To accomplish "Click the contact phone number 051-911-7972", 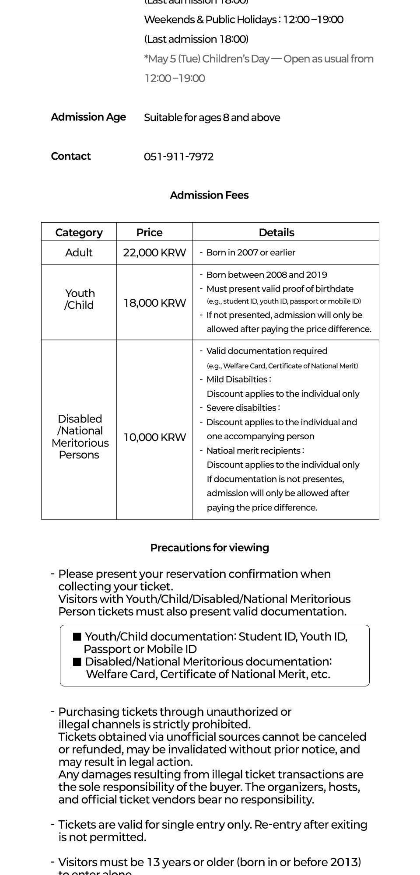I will [178, 157].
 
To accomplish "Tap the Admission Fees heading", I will [209, 195].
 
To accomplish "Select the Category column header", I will [79, 232].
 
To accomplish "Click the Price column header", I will [149, 232].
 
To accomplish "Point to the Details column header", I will [276, 232].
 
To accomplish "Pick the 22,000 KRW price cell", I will [154, 253].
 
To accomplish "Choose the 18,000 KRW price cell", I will [154, 303].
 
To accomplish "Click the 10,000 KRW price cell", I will [154, 437].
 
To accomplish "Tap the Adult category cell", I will [79, 253].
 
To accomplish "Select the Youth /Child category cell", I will [79, 299].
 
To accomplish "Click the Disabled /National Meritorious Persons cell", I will [80, 437].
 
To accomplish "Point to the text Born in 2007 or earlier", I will [251, 252].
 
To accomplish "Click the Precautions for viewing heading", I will [210, 548].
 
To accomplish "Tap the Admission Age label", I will [88, 117].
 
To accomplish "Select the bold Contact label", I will [71, 156].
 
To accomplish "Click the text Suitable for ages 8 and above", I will [212, 118].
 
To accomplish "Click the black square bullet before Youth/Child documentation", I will [77, 637].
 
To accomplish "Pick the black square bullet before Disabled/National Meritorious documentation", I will [77, 662].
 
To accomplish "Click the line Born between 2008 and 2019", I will [266, 275].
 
